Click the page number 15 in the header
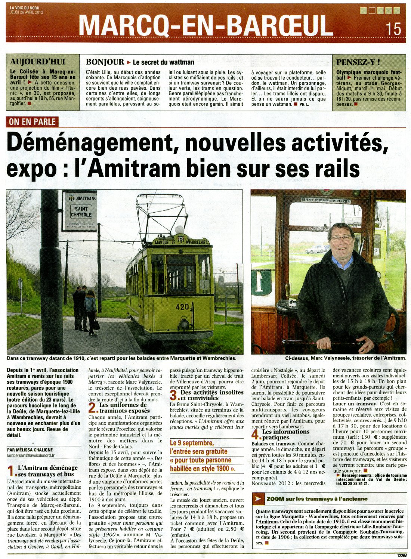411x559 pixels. point(393,29)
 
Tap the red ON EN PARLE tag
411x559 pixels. point(32,122)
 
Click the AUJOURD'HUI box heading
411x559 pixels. point(37,62)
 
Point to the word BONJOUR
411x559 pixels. point(105,62)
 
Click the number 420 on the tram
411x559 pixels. point(182,307)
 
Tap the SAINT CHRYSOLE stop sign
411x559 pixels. point(81,211)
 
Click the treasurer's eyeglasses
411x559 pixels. point(340,238)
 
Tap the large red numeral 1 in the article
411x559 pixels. point(12,471)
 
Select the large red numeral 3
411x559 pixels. point(174,396)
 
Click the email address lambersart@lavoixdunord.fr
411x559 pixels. point(31,456)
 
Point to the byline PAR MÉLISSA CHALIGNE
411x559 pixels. point(30,450)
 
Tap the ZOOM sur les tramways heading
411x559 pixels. point(317,499)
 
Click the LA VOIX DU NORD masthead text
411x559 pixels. point(25,7)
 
